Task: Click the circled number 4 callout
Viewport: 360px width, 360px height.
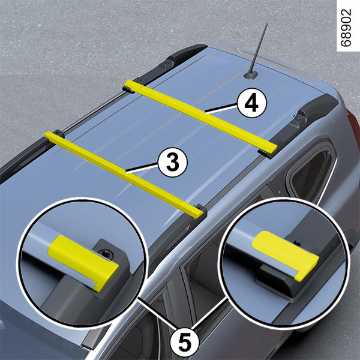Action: click(x=252, y=103)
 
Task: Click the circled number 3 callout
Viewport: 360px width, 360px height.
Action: click(x=173, y=162)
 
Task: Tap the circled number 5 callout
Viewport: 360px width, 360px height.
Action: click(x=185, y=343)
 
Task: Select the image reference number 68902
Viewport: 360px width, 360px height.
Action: click(x=346, y=28)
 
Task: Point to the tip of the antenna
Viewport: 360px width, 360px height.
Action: click(x=267, y=23)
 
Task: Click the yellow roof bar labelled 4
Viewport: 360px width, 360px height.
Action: click(x=201, y=116)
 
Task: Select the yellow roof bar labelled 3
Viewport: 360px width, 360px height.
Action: click(x=124, y=175)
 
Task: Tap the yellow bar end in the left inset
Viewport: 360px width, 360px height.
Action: click(x=83, y=263)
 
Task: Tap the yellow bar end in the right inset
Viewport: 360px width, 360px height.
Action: click(x=286, y=256)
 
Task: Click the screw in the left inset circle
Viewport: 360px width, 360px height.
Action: click(x=105, y=253)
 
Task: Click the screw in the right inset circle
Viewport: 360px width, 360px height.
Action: click(x=298, y=244)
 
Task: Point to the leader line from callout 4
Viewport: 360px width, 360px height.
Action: click(x=221, y=109)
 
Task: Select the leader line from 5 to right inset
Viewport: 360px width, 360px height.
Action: click(x=209, y=314)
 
